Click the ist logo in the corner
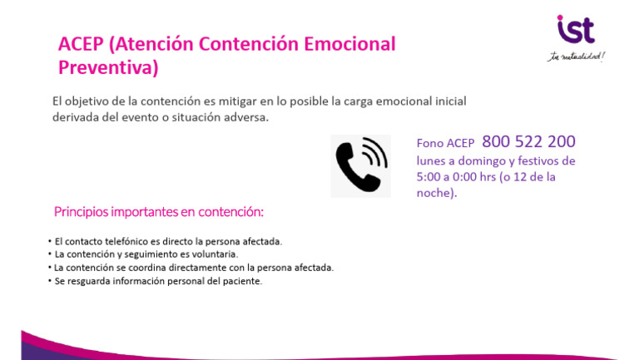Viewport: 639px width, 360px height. pos(576,30)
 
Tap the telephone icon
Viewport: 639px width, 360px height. pos(360,165)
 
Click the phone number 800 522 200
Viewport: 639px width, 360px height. pos(528,141)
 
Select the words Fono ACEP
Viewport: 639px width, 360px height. pos(445,143)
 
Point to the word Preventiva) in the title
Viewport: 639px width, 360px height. pos(108,67)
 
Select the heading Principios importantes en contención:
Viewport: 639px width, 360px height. pos(158,212)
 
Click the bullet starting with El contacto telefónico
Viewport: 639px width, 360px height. pos(167,241)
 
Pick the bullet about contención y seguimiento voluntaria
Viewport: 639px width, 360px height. pos(146,254)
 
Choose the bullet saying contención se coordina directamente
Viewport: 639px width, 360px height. pos(193,268)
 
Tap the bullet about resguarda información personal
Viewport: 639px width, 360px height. pos(157,281)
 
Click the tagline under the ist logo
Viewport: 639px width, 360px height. pos(576,57)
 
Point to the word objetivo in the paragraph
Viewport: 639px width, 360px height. pos(90,101)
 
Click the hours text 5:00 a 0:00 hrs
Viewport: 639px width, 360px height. pos(463,177)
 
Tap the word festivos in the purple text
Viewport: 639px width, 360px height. pos(532,160)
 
